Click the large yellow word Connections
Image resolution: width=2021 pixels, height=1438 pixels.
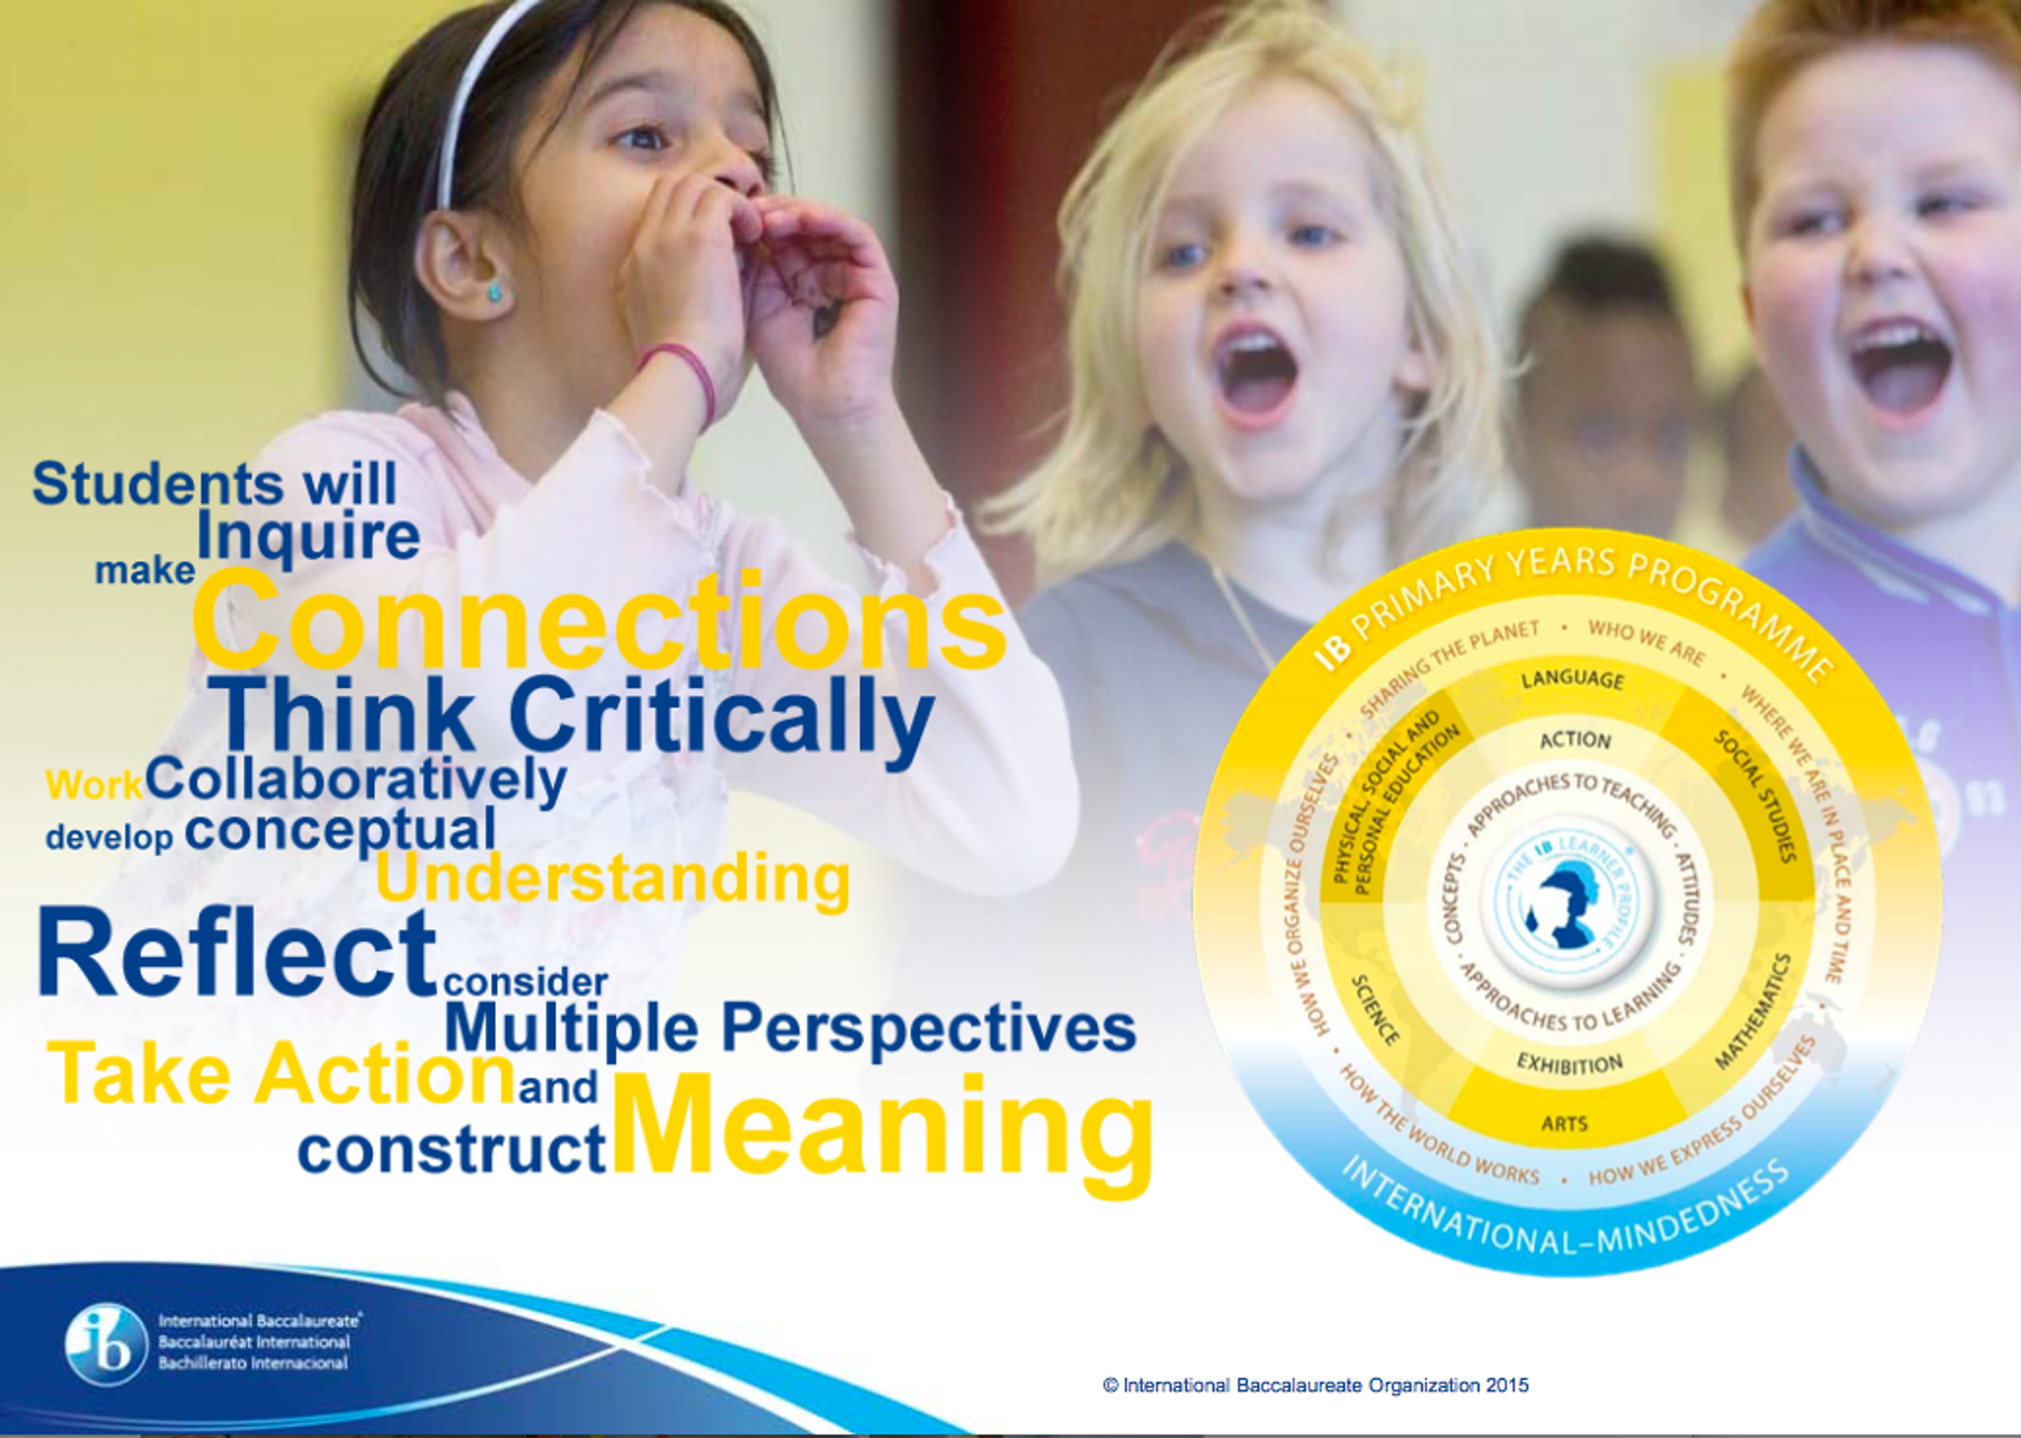click(600, 620)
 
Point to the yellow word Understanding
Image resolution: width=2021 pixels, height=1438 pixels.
click(613, 879)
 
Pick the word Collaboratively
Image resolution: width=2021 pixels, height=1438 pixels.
click(356, 780)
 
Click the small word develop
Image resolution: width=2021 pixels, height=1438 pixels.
click(109, 837)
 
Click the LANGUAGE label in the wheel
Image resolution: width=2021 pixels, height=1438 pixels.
click(1573, 679)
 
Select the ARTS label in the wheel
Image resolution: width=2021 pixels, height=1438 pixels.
click(1564, 1124)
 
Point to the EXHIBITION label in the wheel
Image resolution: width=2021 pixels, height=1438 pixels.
click(1570, 1063)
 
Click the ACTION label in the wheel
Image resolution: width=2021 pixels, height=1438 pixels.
click(1575, 739)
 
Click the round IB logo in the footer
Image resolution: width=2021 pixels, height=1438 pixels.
click(106, 1345)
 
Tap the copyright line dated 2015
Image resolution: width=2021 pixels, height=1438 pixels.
click(1315, 1385)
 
